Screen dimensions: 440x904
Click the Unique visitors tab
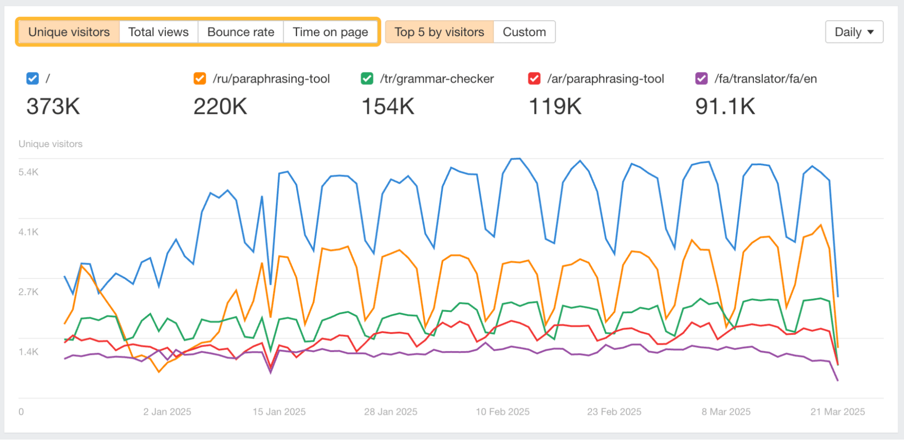tap(69, 32)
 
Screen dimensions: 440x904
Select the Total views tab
tap(158, 32)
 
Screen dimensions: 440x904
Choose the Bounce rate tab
tap(241, 32)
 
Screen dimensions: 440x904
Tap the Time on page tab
tap(330, 32)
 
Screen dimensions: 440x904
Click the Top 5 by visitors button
tap(439, 32)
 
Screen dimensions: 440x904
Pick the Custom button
tap(524, 32)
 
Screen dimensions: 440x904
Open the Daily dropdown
tap(854, 32)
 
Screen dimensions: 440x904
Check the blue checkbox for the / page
tap(33, 79)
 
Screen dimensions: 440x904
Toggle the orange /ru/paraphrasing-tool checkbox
tap(199, 79)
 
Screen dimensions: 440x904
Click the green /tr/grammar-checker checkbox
tap(367, 79)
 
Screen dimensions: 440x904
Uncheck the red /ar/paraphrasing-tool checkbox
tap(534, 79)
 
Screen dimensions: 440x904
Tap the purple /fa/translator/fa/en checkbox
tap(701, 79)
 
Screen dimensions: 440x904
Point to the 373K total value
tap(53, 107)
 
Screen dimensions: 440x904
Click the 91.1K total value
tap(725, 107)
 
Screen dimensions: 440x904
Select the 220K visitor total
tap(220, 107)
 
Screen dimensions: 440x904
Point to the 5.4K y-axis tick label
tap(28, 172)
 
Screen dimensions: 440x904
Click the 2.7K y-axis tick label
tap(28, 292)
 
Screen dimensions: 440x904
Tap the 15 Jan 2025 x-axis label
tap(279, 412)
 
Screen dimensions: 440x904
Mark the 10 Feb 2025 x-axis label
tap(502, 412)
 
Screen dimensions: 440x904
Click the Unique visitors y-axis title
tap(51, 144)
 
